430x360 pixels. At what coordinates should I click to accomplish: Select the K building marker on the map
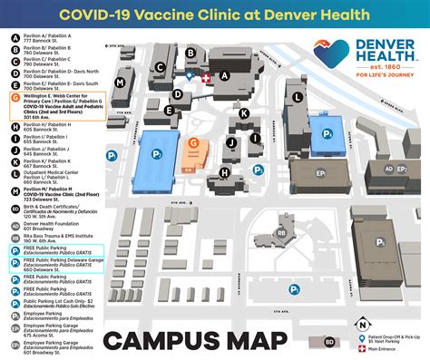click(245, 112)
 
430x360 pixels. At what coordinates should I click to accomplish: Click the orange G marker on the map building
click(192, 142)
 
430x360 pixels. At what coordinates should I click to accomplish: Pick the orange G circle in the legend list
click(15, 96)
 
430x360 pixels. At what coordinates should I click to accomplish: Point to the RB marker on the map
click(282, 232)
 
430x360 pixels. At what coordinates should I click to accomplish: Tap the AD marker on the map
click(389, 169)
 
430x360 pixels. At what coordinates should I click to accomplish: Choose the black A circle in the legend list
click(15, 36)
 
